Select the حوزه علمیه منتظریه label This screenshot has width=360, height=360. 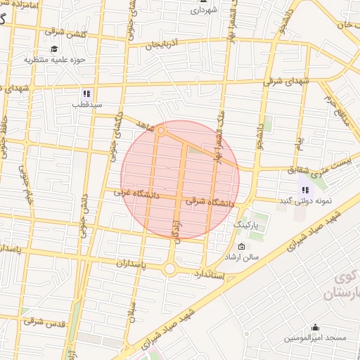[x=55, y=60]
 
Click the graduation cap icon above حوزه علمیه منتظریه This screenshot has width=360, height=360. [x=55, y=48]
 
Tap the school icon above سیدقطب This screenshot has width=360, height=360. [x=86, y=93]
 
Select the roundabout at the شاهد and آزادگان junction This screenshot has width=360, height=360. [x=162, y=131]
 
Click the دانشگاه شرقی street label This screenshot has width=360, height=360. [x=210, y=202]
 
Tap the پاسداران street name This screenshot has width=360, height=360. [x=131, y=262]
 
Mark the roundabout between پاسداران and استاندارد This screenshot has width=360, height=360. [x=169, y=269]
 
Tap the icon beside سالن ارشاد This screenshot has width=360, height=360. [x=242, y=247]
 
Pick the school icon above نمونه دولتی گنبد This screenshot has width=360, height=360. [x=305, y=189]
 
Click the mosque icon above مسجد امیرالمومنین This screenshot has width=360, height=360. [x=314, y=327]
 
